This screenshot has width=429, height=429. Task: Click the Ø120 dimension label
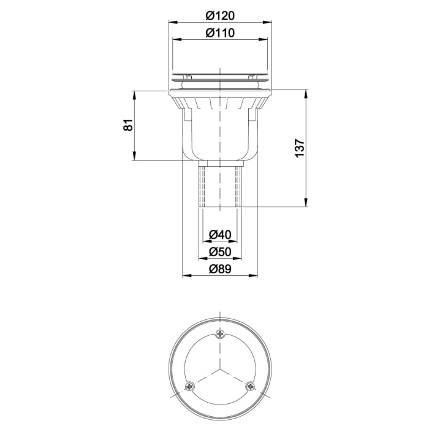220,15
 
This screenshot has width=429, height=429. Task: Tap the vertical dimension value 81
127,126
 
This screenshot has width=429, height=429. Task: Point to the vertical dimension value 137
299,149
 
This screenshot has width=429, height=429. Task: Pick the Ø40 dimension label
220,234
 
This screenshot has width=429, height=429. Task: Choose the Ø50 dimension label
220,251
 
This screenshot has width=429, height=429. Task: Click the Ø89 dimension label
220,268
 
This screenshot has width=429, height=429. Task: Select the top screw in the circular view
220,334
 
